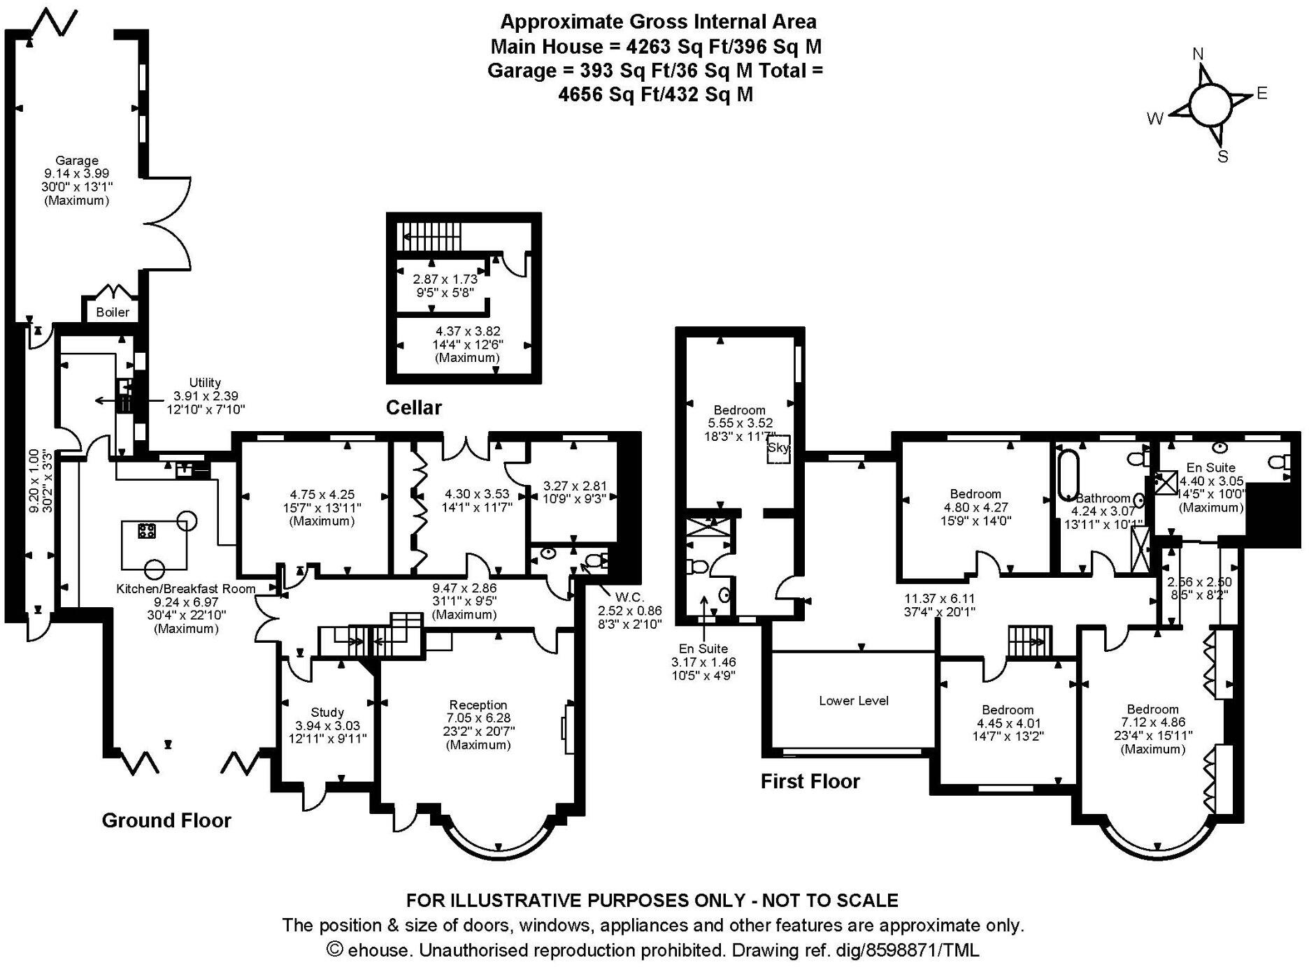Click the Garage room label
(76, 160)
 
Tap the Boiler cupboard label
(113, 312)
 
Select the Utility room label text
(205, 382)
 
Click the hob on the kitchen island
(147, 531)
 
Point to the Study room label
(327, 712)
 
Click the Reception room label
(478, 704)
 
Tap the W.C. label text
(629, 597)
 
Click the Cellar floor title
(414, 407)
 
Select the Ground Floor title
(166, 820)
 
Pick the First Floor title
(810, 780)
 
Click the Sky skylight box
(778, 448)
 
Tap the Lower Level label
(853, 700)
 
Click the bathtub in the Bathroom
(1067, 475)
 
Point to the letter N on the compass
(1198, 54)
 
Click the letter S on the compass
(1222, 157)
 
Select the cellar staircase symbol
(429, 235)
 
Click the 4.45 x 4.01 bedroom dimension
(1007, 723)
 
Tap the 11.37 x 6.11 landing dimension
(939, 599)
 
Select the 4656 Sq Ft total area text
(599, 94)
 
